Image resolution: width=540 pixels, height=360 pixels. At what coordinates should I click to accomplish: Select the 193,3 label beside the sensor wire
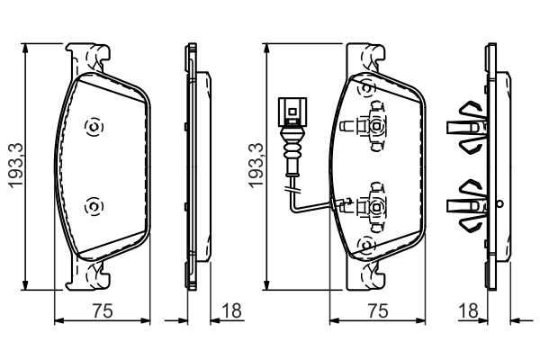pyautogui.click(x=256, y=166)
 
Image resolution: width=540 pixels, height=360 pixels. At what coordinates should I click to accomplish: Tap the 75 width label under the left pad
pyautogui.click(x=103, y=311)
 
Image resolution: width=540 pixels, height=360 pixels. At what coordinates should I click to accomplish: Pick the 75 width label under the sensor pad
pyautogui.click(x=378, y=311)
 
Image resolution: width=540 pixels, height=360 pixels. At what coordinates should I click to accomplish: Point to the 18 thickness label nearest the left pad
pyautogui.click(x=231, y=311)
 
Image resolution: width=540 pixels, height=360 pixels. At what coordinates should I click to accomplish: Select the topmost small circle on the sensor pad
pyautogui.click(x=365, y=88)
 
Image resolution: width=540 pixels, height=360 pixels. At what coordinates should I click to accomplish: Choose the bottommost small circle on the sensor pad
pyautogui.click(x=365, y=244)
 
